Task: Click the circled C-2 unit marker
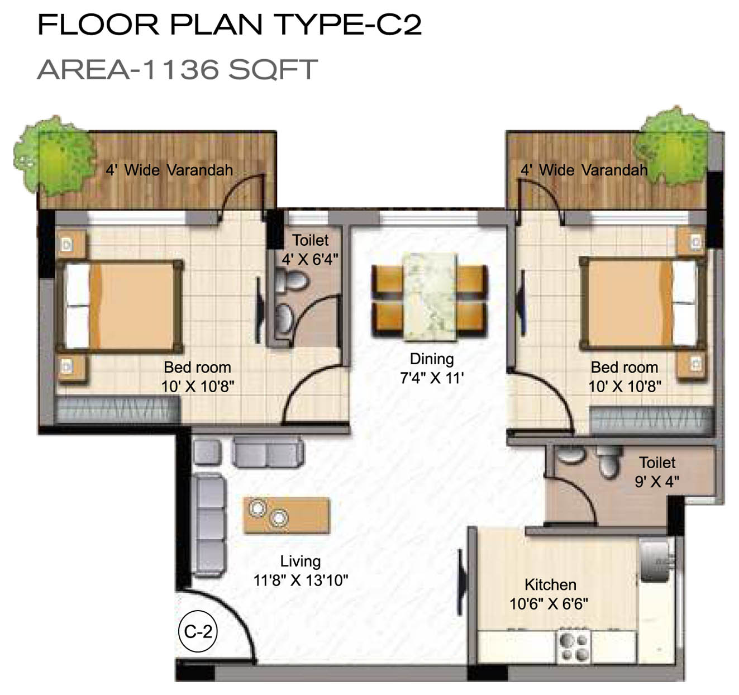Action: pyautogui.click(x=198, y=631)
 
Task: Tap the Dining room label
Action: pyautogui.click(x=432, y=359)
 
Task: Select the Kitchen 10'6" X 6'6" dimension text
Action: pyautogui.click(x=549, y=604)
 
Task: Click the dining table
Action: pyautogui.click(x=431, y=297)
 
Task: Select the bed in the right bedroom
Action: pyautogui.click(x=642, y=304)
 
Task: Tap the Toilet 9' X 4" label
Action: pyautogui.click(x=657, y=472)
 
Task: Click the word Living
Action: pyautogui.click(x=301, y=561)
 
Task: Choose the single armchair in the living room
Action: pyautogui.click(x=207, y=452)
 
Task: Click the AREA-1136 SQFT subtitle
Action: pyautogui.click(x=178, y=69)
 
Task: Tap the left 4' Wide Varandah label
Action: pyautogui.click(x=169, y=170)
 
